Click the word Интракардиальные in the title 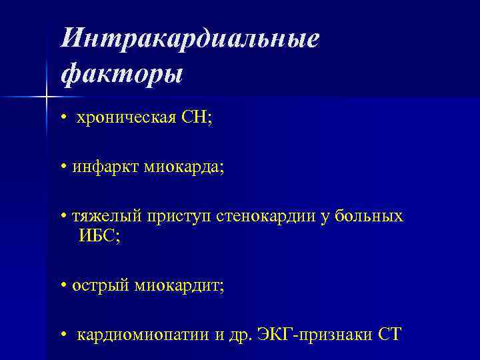click(190, 38)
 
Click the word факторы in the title click(121, 73)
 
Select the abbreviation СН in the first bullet click(198, 118)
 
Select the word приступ click(173, 217)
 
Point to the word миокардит click(179, 286)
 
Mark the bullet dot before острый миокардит click(62, 287)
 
